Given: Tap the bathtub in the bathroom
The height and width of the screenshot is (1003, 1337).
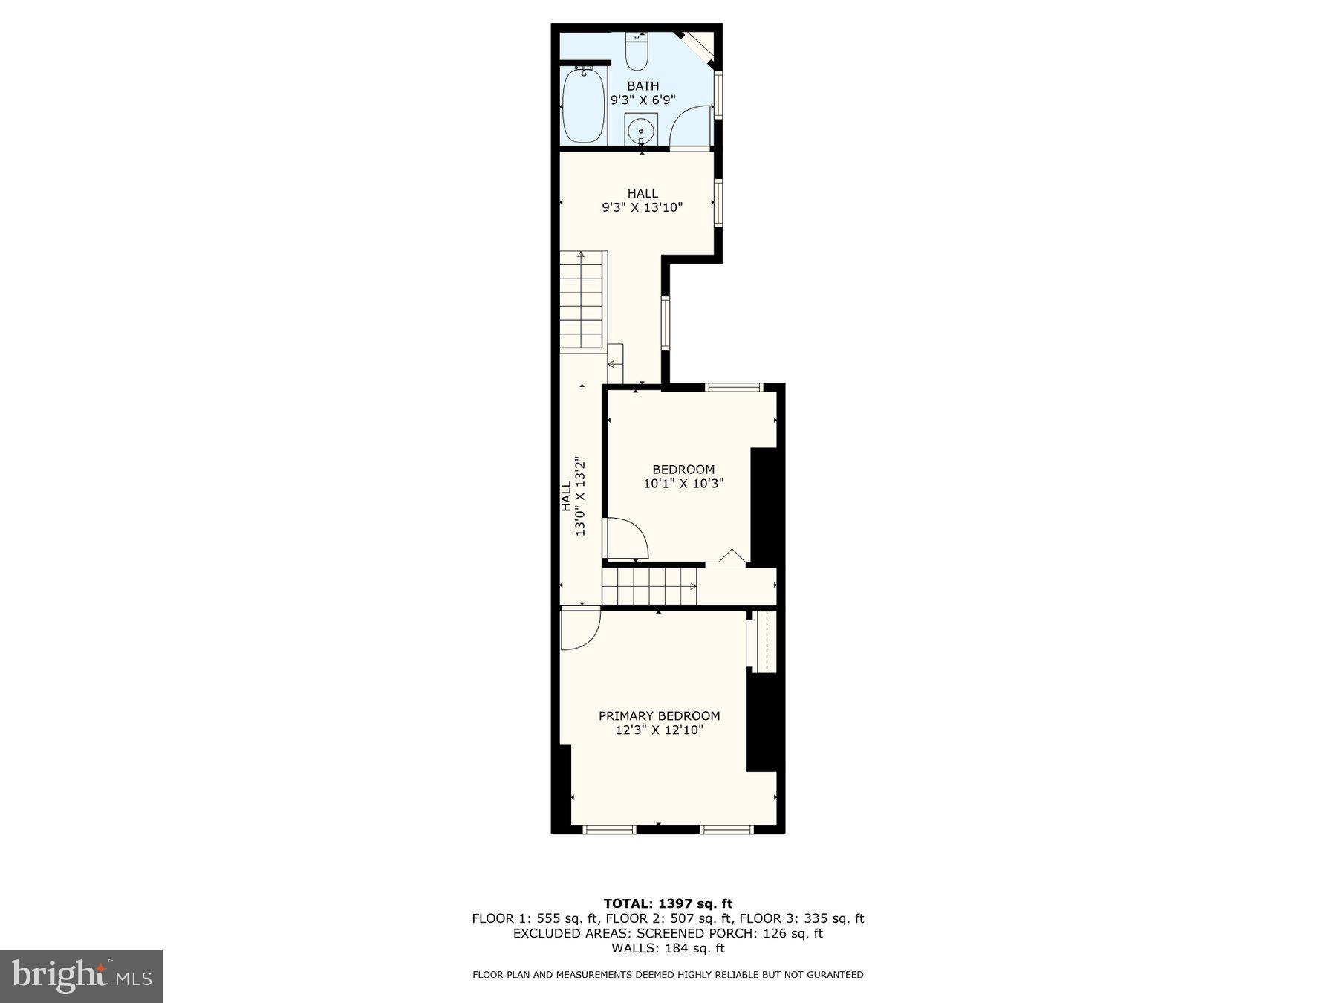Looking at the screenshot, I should click(584, 106).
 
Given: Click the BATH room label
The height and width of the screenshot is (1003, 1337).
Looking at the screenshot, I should click(643, 86).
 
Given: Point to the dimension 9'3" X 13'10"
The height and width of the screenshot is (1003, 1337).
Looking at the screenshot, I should click(642, 207).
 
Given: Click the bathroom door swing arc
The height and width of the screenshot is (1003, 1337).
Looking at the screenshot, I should click(689, 126).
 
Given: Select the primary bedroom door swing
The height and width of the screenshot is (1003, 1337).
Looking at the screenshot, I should click(579, 629).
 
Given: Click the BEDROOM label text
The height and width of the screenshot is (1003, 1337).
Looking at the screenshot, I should click(683, 470).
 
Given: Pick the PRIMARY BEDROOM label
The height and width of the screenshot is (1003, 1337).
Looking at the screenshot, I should click(659, 716).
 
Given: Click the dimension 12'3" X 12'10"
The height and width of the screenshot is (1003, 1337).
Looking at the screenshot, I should click(659, 730).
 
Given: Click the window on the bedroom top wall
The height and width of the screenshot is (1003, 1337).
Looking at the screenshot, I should click(734, 387).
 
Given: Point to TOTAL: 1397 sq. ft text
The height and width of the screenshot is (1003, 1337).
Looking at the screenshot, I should click(668, 903).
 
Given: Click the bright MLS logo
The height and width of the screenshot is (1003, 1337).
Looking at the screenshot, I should click(81, 976).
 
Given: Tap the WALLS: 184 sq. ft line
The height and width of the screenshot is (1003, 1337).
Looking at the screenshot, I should click(668, 948).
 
